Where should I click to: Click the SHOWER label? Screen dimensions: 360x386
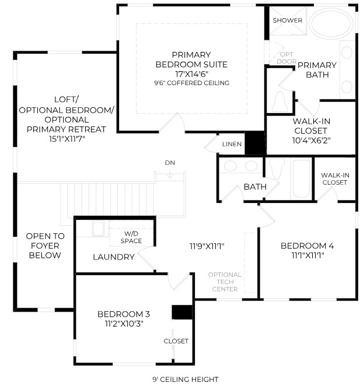pyautogui.click(x=287, y=20)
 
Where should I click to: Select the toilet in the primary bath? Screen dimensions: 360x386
pyautogui.click(x=279, y=101)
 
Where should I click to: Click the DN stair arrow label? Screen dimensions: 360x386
pyautogui.click(x=170, y=163)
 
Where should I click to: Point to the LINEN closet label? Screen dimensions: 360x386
pyautogui.click(x=232, y=144)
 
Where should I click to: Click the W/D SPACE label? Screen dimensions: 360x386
pyautogui.click(x=131, y=237)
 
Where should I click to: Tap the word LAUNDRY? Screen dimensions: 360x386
pyautogui.click(x=114, y=257)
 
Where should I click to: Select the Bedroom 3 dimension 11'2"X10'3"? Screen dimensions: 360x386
pyautogui.click(x=124, y=324)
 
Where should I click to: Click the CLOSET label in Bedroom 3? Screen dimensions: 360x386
pyautogui.click(x=176, y=341)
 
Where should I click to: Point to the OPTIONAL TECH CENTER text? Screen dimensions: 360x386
pyautogui.click(x=225, y=282)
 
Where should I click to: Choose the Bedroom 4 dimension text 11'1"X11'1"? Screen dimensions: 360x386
pyautogui.click(x=307, y=255)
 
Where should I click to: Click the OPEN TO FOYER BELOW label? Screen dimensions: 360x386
pyautogui.click(x=45, y=245)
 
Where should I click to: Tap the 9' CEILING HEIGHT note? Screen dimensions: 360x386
pyautogui.click(x=186, y=380)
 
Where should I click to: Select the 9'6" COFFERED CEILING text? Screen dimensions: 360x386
pyautogui.click(x=192, y=83)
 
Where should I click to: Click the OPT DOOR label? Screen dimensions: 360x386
pyautogui.click(x=286, y=58)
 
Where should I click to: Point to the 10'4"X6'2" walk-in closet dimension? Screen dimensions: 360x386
pyautogui.click(x=311, y=141)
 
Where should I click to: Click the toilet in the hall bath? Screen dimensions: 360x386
pyautogui.click(x=277, y=168)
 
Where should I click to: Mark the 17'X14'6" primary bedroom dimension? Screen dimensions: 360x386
pyautogui.click(x=192, y=74)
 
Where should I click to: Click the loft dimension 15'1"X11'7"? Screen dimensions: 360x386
pyautogui.click(x=67, y=139)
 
